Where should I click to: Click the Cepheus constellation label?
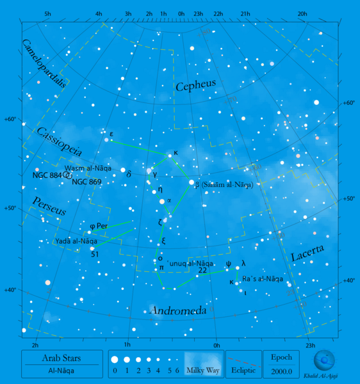coord(195,85)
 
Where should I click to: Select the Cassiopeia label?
coord(59,142)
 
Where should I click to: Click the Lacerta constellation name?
coord(307,253)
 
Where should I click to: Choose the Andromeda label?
coord(178,310)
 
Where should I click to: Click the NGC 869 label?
coord(86,182)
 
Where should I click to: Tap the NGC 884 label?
coord(47,175)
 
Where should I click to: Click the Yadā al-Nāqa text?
coord(76,241)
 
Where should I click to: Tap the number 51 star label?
coord(95,254)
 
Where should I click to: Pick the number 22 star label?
coord(202,270)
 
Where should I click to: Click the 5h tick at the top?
coord(48,13)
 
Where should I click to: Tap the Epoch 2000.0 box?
coord(281,364)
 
